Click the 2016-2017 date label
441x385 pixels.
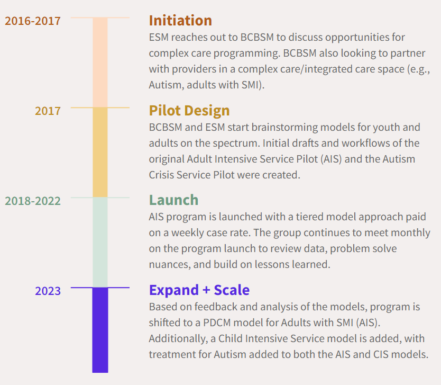(x=33, y=21)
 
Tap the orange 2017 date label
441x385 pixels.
(x=48, y=111)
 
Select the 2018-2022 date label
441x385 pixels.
(x=33, y=201)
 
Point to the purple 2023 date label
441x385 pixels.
(x=48, y=291)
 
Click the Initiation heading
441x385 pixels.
(x=180, y=21)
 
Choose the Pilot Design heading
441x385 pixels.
(x=189, y=111)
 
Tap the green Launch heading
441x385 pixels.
(x=173, y=200)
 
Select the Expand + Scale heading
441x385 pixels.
(x=199, y=290)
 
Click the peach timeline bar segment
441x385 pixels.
(x=100, y=62)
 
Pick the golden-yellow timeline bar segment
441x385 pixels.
(x=100, y=153)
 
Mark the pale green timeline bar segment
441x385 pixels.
(x=100, y=243)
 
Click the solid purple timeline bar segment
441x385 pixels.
(x=100, y=329)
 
